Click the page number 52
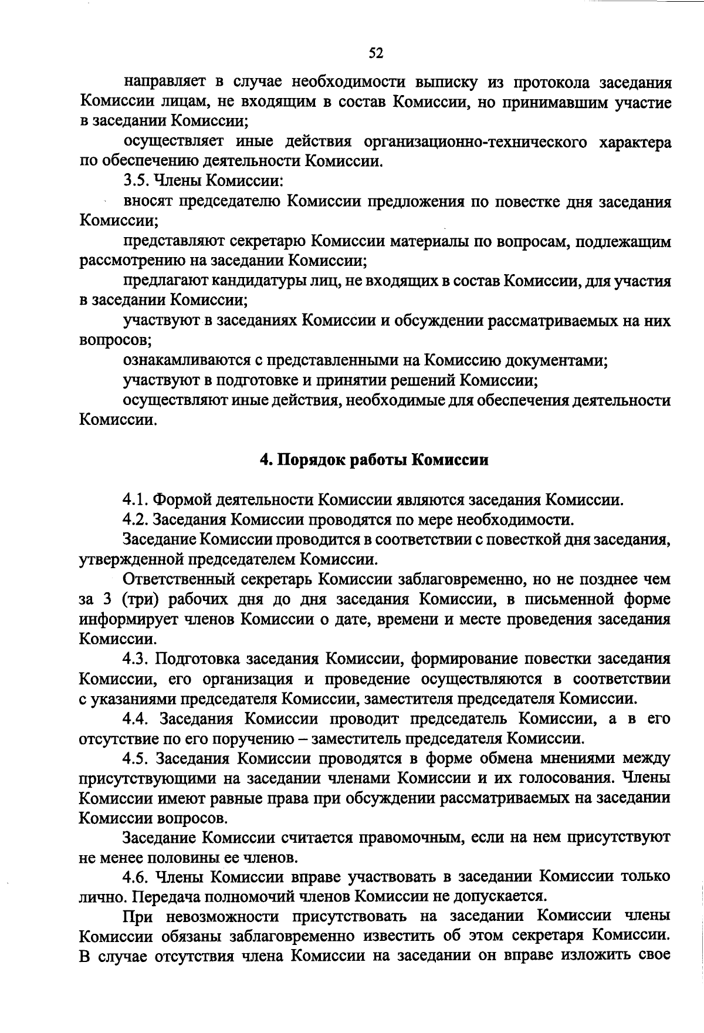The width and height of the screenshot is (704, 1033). (375, 54)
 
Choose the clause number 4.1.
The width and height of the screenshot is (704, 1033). (136, 500)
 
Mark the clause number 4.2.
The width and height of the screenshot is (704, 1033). (136, 520)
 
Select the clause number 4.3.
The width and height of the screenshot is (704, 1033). (136, 660)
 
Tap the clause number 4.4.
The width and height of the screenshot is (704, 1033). (136, 720)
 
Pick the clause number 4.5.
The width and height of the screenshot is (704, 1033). (136, 759)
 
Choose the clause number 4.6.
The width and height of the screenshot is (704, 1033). (136, 879)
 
